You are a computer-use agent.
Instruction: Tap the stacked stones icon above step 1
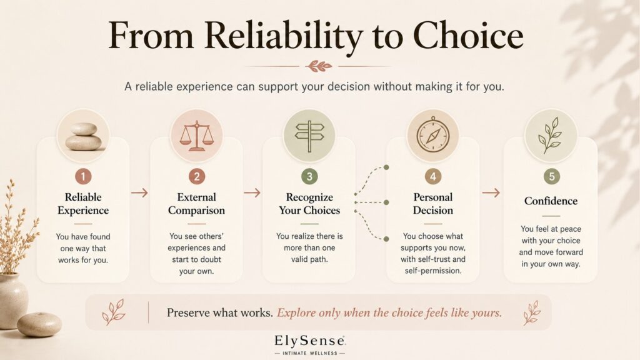pos(83,137)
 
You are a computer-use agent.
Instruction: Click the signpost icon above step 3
pos(309,136)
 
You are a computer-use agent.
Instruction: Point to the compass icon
pos(432,135)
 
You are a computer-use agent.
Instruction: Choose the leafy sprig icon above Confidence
pos(550,136)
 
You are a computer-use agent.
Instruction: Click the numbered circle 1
pos(83,176)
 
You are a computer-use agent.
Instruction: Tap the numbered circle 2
pos(196,176)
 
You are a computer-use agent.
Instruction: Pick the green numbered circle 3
pos(309,176)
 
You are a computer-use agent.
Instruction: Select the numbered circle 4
pos(432,176)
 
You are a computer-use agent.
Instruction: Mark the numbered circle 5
pos(551,176)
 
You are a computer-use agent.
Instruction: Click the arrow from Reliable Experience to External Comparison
pos(139,192)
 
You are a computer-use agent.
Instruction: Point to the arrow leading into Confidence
pos(491,192)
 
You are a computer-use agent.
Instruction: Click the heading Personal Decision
pos(433,203)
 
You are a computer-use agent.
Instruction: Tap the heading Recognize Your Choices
pos(309,203)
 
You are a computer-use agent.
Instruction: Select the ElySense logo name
pos(310,341)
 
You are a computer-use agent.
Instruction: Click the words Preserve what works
pos(219,312)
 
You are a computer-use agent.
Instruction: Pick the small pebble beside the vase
pos(39,324)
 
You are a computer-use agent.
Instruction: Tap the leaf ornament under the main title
pos(319,66)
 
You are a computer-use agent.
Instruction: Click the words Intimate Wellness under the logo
pos(310,353)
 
